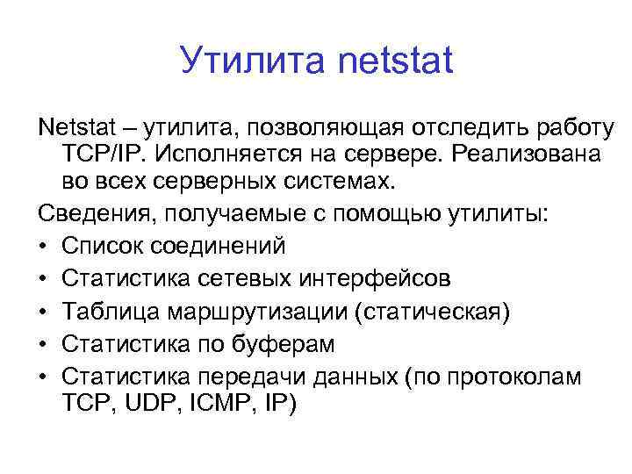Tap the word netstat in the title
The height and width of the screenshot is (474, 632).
coord(395,61)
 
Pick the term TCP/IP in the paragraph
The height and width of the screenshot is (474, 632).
coord(104,154)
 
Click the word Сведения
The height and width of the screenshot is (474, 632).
coord(92,213)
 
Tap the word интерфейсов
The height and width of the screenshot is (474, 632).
coord(377,278)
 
